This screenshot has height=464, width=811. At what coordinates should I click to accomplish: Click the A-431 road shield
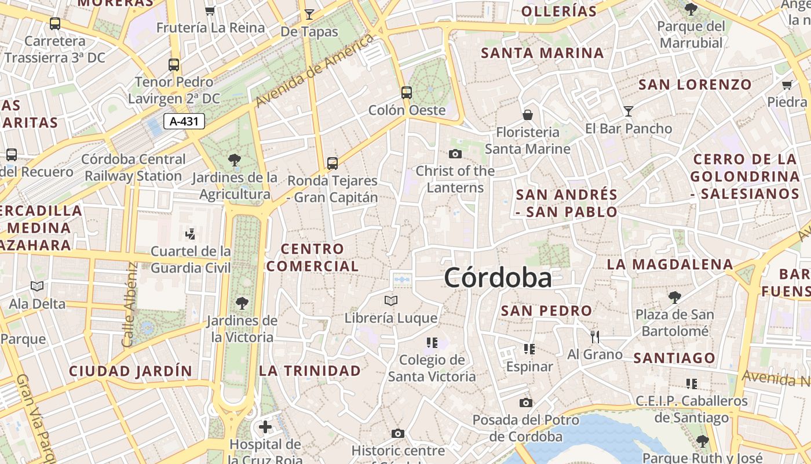coord(184,121)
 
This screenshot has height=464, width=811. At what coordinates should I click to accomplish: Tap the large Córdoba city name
coord(498,278)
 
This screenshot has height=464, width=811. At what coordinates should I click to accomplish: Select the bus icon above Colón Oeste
coord(407,92)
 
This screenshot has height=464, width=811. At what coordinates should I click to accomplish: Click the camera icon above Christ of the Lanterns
coord(455,154)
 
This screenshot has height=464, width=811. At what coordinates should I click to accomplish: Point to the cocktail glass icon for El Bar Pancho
coord(629,111)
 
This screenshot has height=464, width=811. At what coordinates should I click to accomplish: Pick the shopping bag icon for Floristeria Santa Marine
coord(528,115)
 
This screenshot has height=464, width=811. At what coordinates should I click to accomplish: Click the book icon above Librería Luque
coord(391,300)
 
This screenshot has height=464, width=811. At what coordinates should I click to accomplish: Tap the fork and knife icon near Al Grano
coord(595,336)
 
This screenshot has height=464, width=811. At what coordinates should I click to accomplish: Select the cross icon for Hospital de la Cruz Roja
coord(265,427)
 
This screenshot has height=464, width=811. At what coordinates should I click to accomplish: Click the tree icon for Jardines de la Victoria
coord(242,303)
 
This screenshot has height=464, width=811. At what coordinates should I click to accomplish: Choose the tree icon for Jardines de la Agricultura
coord(235,159)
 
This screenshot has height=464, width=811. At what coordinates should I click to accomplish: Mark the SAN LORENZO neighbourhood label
coord(695,85)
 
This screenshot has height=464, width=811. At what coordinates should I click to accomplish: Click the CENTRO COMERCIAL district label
coord(313,258)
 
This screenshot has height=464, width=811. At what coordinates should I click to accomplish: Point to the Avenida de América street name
coord(315,70)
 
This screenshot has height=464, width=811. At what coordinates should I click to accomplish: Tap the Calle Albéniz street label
coord(131,305)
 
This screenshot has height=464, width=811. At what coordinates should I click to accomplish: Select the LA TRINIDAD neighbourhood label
coord(310,371)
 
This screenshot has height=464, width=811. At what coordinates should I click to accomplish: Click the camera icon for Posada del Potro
coord(525,403)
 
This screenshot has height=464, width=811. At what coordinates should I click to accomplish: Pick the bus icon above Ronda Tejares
coord(333,163)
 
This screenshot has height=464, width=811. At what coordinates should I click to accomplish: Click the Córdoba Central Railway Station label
coord(133,167)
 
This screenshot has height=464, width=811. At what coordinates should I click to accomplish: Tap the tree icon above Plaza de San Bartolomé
coord(674,298)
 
